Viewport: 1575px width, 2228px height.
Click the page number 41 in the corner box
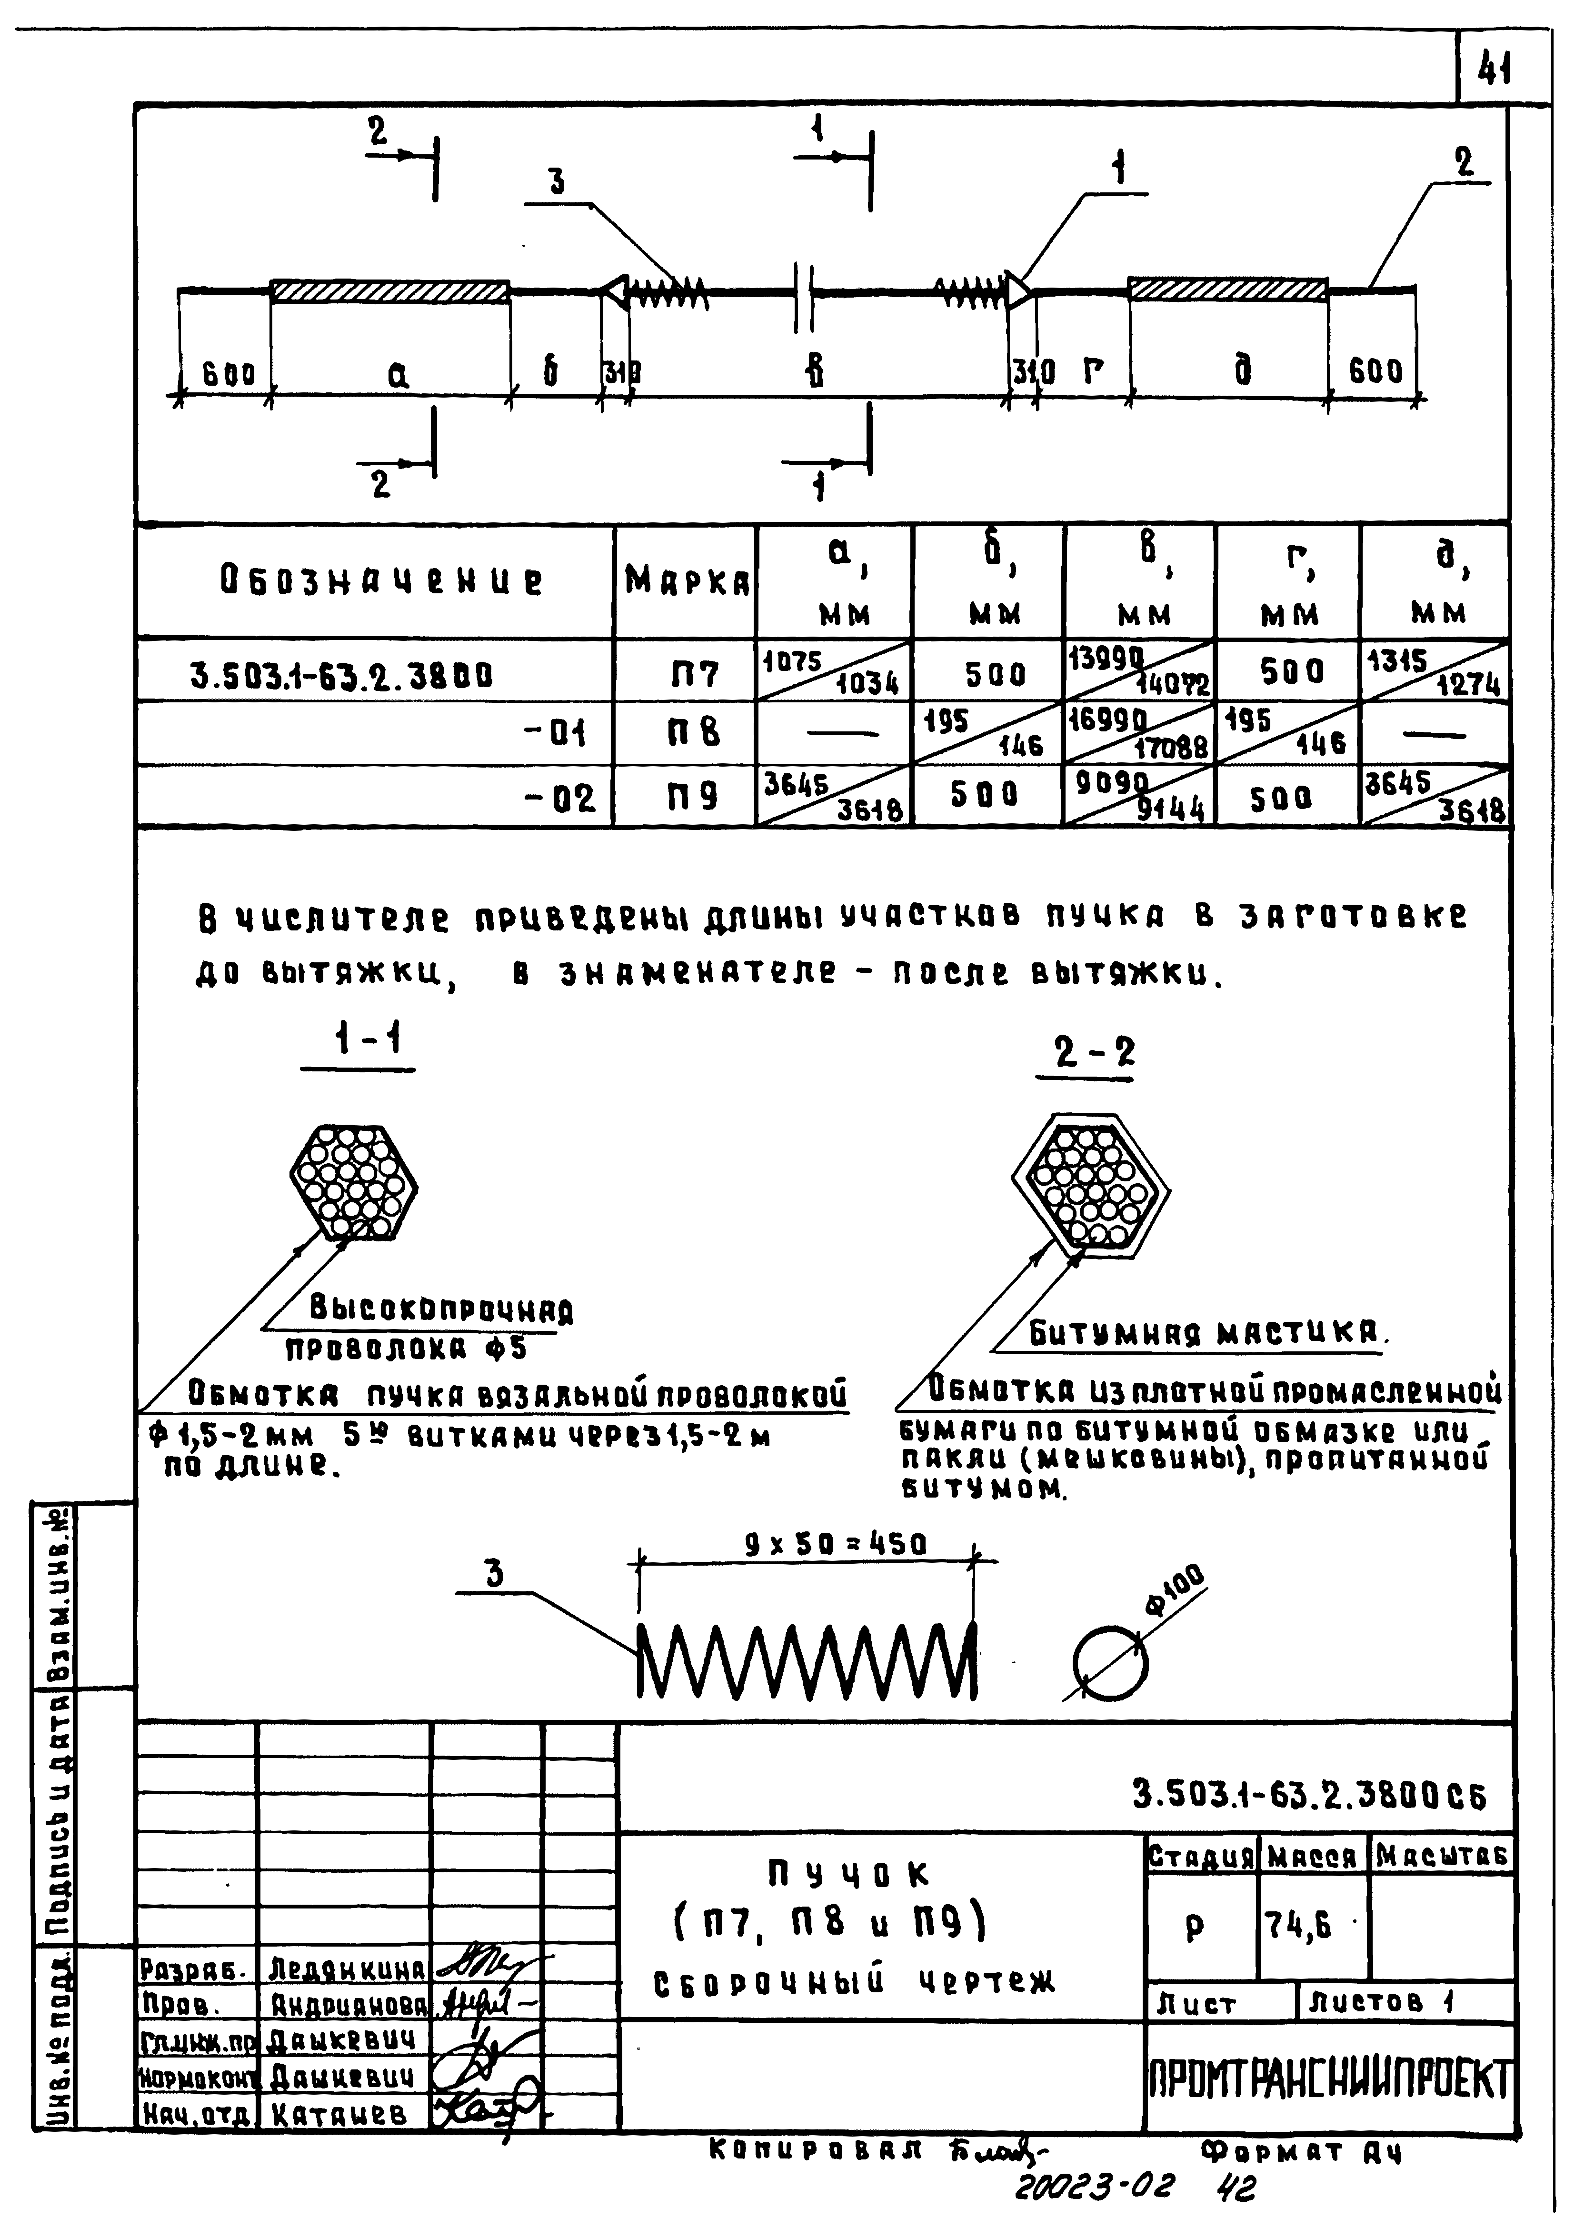click(x=1495, y=68)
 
